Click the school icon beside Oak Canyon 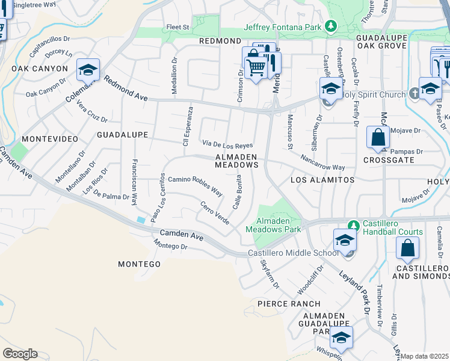[x=88, y=70]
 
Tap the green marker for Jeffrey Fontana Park [x=330, y=26]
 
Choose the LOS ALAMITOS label [x=322, y=180]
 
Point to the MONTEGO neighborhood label [x=139, y=264]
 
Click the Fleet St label [x=177, y=27]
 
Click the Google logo [x=20, y=354]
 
